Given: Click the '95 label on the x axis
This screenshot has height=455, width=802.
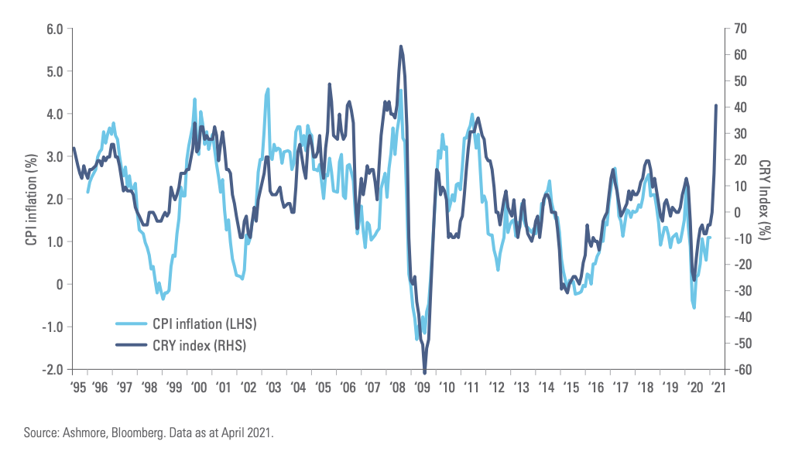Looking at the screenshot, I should [77, 386].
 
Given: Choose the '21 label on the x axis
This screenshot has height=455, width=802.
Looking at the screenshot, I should [718, 386].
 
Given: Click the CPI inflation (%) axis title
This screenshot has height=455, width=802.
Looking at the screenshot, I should [31, 199].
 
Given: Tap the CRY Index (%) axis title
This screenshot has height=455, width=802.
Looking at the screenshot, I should [765, 199].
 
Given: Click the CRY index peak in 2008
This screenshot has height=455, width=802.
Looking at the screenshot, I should [400, 46].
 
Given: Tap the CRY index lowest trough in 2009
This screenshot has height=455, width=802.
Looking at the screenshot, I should [425, 371].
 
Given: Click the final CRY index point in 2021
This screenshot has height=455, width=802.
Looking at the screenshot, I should [716, 106].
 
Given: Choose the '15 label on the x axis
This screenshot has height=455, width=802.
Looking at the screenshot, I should [571, 386].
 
